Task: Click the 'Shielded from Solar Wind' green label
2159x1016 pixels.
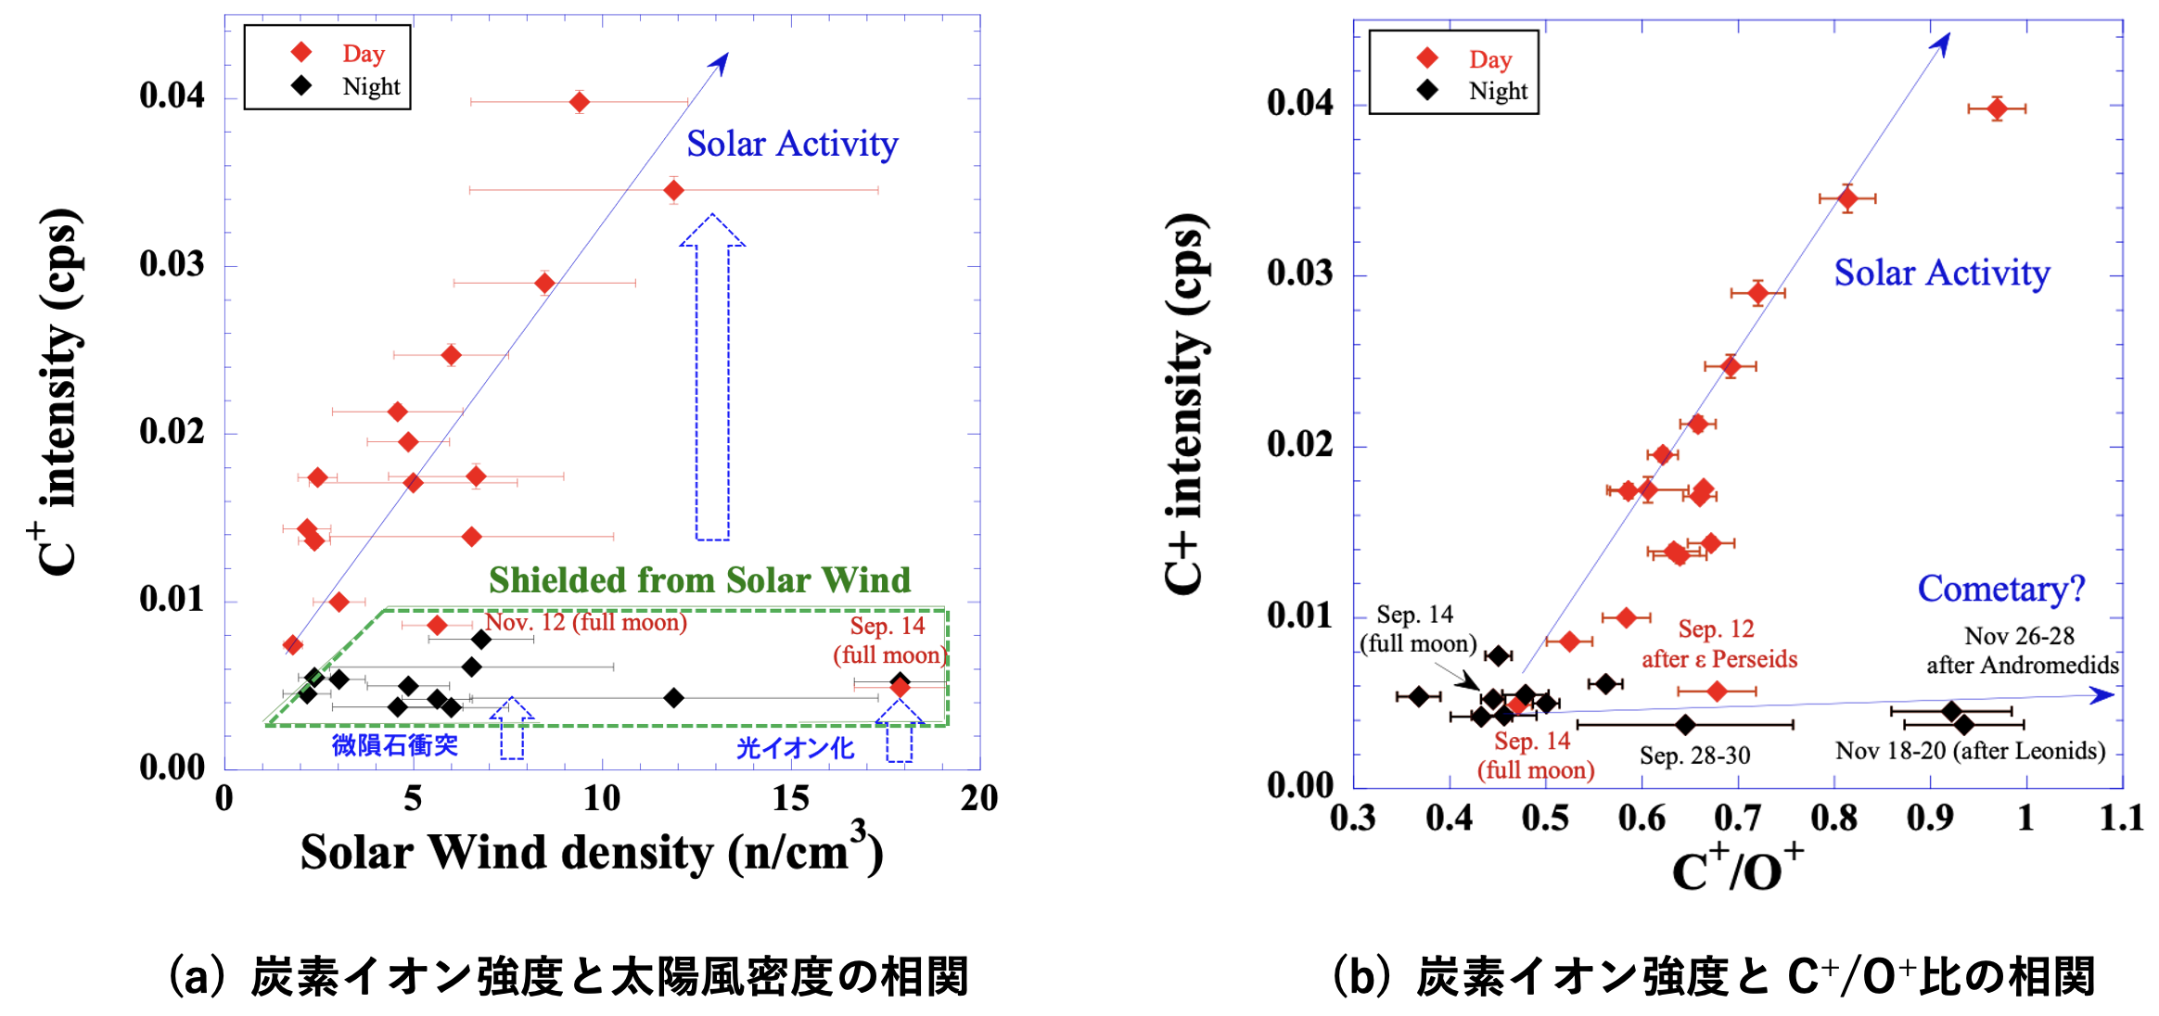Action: coord(699,580)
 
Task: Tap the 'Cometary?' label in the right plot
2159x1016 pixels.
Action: coord(2000,589)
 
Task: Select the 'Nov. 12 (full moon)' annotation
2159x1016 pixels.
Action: coord(586,622)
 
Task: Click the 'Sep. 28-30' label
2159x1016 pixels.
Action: coord(1694,756)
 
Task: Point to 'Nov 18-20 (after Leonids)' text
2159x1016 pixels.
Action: coord(1970,750)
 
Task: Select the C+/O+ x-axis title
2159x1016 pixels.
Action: coord(1737,868)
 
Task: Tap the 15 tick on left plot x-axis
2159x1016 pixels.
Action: coord(790,798)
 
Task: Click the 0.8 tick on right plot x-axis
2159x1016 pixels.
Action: coord(1833,818)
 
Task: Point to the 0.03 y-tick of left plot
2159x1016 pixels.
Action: coord(172,264)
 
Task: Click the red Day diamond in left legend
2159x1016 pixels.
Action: coord(301,53)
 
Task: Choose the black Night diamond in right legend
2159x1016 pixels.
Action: coord(1427,90)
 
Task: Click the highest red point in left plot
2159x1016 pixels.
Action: coord(580,102)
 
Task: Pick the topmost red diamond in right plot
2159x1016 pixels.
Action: coord(1997,108)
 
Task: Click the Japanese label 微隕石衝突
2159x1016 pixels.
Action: coord(395,745)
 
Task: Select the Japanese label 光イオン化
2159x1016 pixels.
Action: coord(795,748)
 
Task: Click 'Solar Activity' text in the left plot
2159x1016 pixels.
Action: coord(792,145)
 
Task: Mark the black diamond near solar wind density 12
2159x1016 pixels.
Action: coord(674,697)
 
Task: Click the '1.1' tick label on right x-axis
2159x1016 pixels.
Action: coord(2121,818)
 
